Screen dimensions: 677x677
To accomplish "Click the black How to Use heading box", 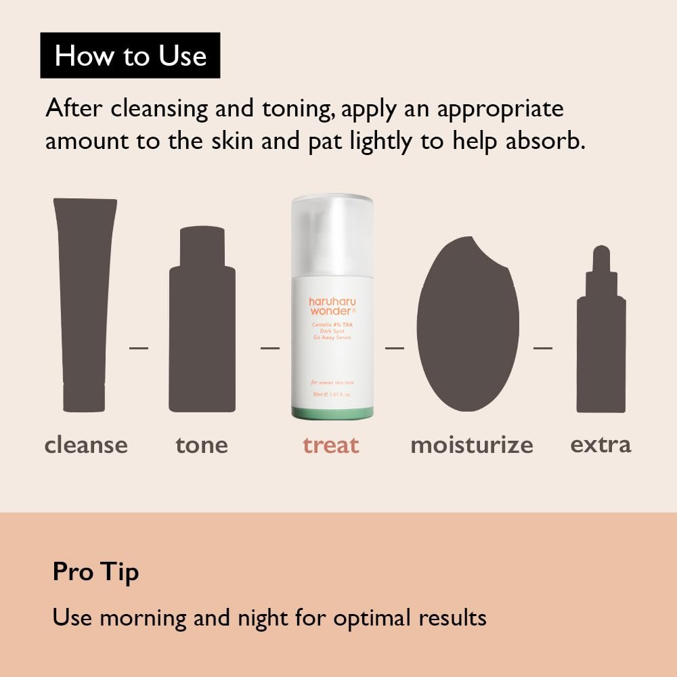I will click(130, 55).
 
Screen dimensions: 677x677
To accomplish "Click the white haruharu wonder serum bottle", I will click(332, 305).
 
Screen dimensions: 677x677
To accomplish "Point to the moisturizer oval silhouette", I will click(468, 325).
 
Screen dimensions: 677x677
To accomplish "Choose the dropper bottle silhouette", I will click(601, 338).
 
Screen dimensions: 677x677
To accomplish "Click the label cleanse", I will click(86, 445).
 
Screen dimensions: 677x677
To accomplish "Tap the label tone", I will click(202, 445).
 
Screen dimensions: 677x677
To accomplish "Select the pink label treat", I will click(331, 445).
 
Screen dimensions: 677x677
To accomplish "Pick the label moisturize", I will click(472, 445).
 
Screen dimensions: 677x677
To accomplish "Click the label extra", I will click(600, 445).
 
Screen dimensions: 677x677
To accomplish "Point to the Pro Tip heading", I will click(95, 572).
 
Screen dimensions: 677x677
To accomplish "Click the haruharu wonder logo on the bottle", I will click(332, 305).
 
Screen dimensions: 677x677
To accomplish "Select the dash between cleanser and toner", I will click(139, 348).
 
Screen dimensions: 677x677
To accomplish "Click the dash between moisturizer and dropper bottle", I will click(543, 348).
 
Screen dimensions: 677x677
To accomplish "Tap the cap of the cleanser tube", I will click(84, 398).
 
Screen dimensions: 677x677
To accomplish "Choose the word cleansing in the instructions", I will click(159, 109).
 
